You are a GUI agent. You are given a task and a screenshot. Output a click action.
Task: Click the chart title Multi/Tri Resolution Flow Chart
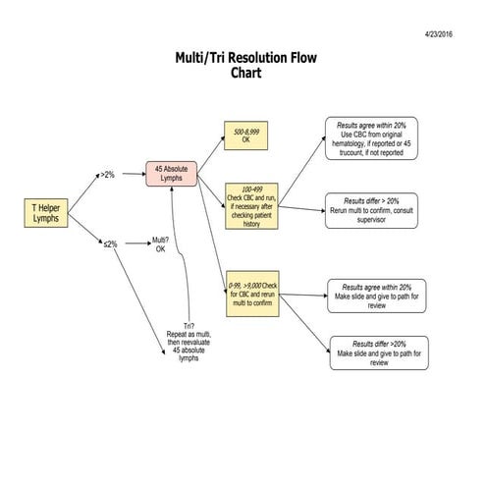(x=243, y=65)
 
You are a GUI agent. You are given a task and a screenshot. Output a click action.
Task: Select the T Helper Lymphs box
(x=45, y=213)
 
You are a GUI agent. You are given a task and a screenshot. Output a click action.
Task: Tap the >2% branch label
(x=107, y=175)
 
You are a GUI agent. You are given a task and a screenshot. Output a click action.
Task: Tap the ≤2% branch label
(x=110, y=243)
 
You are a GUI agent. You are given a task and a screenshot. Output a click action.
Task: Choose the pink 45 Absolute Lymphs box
(x=173, y=175)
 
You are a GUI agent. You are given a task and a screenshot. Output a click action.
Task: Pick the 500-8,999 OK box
(x=246, y=135)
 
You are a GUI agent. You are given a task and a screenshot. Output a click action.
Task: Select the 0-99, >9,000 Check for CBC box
(x=252, y=292)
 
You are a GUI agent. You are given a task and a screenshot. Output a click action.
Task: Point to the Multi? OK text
(x=160, y=243)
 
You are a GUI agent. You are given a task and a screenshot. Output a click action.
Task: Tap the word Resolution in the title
(x=243, y=58)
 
